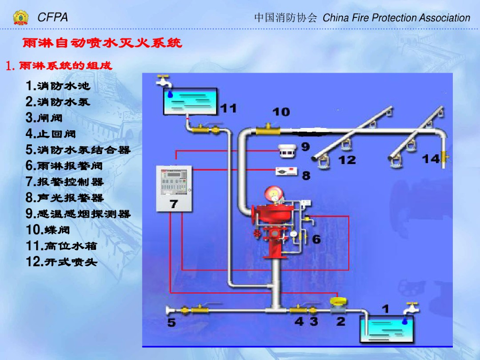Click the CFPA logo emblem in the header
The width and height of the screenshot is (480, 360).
(21, 18)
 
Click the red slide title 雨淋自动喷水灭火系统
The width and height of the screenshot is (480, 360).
(102, 44)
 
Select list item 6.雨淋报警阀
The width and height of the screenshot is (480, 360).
(64, 165)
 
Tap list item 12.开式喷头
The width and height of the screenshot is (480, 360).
(61, 262)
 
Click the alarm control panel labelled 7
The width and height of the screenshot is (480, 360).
(174, 188)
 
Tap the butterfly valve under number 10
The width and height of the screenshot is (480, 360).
(268, 128)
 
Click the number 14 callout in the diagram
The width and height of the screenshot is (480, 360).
(431, 158)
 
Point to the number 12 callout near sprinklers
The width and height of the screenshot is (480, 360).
(347, 160)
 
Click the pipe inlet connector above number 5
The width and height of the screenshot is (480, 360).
(172, 310)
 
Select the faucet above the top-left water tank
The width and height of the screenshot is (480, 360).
(164, 81)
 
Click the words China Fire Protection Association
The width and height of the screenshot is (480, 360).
(396, 18)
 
